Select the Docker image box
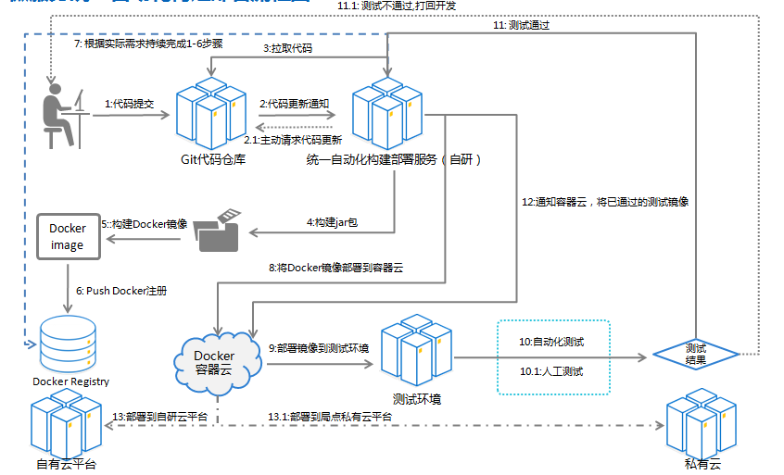[68, 237]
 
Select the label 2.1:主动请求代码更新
[293, 141]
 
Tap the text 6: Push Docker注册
[127, 290]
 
